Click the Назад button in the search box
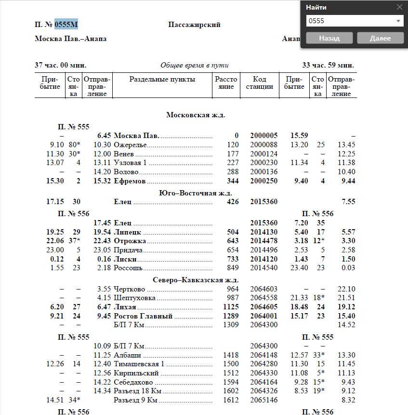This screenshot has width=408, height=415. (329, 38)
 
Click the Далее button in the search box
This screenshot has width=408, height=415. (381, 38)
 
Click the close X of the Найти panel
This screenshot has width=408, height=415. (399, 7)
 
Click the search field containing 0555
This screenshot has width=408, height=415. (349, 21)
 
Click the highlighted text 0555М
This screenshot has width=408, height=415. (66, 25)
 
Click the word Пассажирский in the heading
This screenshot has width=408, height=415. (194, 25)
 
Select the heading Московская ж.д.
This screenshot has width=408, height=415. (196, 115)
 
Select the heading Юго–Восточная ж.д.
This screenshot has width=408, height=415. (196, 193)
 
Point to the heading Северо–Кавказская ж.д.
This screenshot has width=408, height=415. (196, 280)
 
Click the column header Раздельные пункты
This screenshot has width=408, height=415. (162, 80)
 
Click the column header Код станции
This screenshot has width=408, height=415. (259, 83)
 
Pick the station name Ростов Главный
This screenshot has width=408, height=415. (143, 317)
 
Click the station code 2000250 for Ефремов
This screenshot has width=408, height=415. (263, 181)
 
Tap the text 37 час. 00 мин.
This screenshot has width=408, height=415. (61, 65)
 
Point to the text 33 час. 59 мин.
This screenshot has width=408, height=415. (328, 65)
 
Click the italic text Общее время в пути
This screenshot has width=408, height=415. (194, 65)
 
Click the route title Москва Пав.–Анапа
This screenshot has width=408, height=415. (71, 39)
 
